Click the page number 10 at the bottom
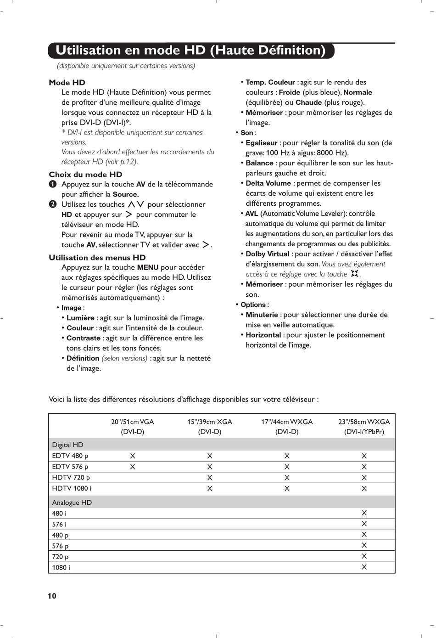[x=52, y=596]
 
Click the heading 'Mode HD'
[x=67, y=83]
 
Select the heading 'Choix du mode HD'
[x=85, y=175]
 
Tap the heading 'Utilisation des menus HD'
[x=97, y=258]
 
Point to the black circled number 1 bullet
[x=53, y=184]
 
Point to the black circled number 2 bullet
[x=53, y=204]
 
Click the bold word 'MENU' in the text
[x=148, y=267]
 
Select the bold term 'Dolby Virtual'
[x=268, y=254]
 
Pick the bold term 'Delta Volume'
[x=268, y=183]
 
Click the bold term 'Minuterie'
[x=262, y=315]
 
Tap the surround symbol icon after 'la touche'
[x=354, y=274]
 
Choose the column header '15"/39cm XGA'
[x=210, y=422]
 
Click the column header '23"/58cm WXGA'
[x=364, y=422]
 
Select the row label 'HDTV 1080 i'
[x=72, y=488]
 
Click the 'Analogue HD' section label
[x=72, y=502]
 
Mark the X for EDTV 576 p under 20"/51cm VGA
[x=133, y=467]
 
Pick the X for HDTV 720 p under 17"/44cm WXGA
[x=287, y=478]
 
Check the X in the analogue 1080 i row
[x=364, y=567]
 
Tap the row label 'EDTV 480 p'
[x=70, y=456]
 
